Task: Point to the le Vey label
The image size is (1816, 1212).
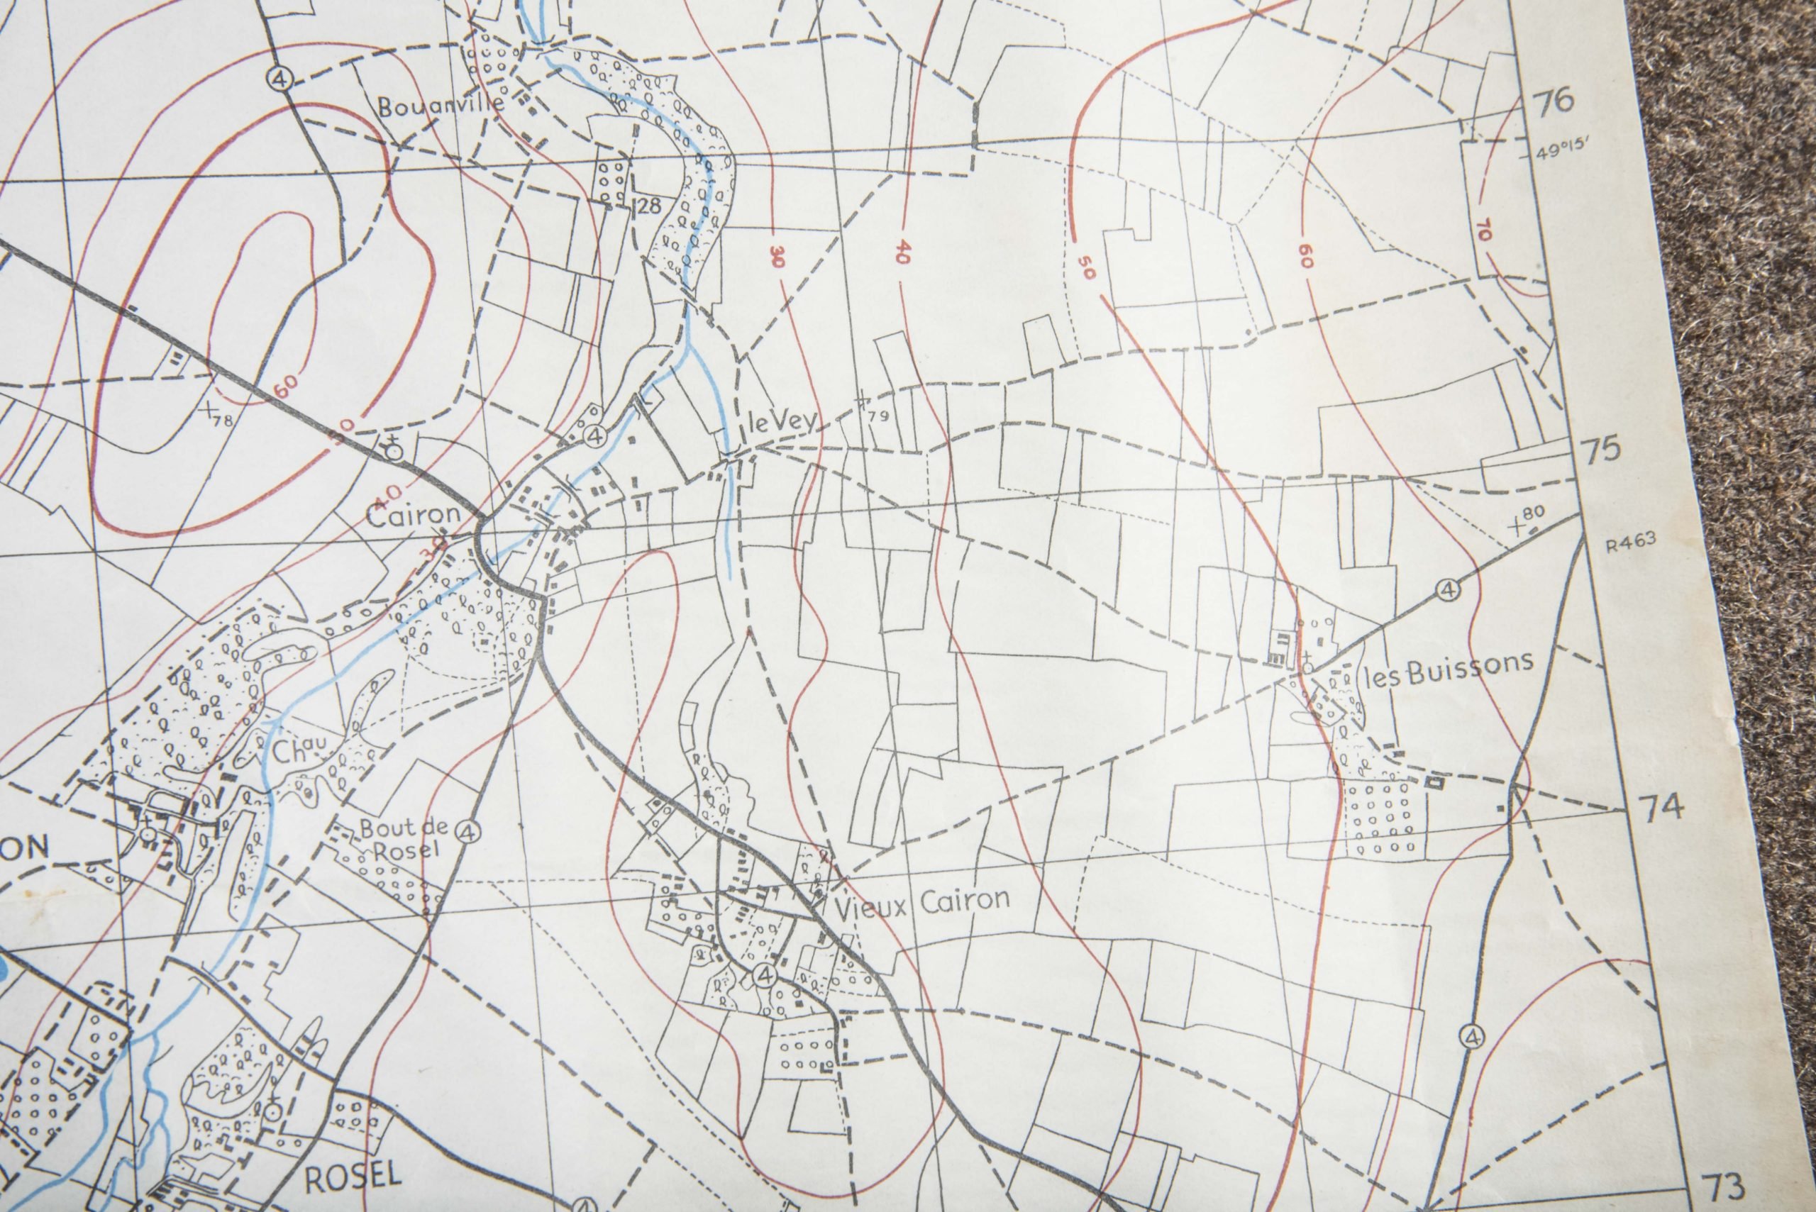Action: click(782, 421)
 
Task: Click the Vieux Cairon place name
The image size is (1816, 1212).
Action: click(922, 901)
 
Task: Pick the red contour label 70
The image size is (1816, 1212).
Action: click(1483, 230)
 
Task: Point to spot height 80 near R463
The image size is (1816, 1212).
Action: click(1534, 513)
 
